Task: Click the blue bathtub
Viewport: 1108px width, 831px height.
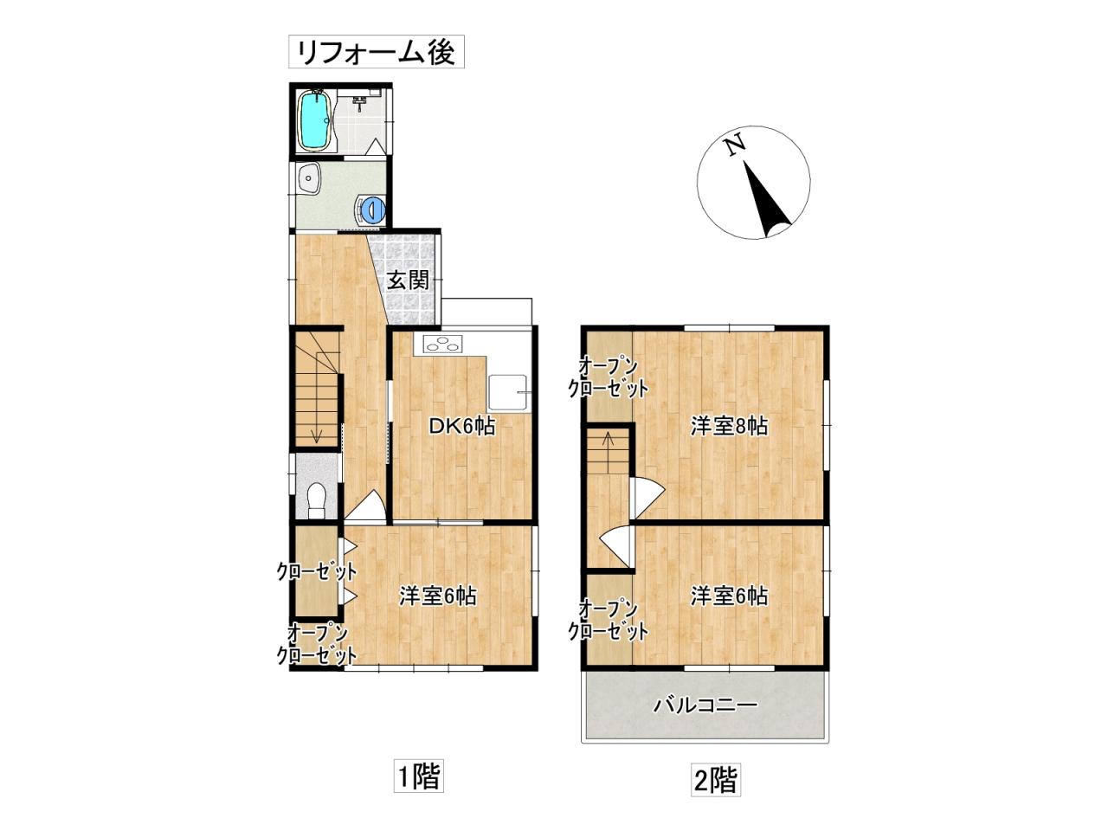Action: coord(314,121)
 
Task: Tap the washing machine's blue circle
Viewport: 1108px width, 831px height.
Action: coord(375,209)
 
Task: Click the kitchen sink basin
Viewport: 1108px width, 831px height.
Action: coord(508,393)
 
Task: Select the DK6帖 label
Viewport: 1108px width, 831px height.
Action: coord(461,427)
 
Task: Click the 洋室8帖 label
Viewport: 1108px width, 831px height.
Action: coord(729,427)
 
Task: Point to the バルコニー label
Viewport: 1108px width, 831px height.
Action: coord(705,705)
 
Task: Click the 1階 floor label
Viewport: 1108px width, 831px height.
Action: coord(418,790)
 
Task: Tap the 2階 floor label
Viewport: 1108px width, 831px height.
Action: coord(716,794)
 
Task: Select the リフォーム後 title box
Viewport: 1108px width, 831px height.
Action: coord(376,51)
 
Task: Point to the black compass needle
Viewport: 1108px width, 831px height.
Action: coord(766,199)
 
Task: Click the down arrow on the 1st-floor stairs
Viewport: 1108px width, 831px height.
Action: coord(316,430)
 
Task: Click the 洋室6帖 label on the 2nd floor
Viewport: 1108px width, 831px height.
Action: coord(729,596)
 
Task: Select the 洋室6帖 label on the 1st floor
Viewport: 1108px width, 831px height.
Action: coord(438,596)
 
